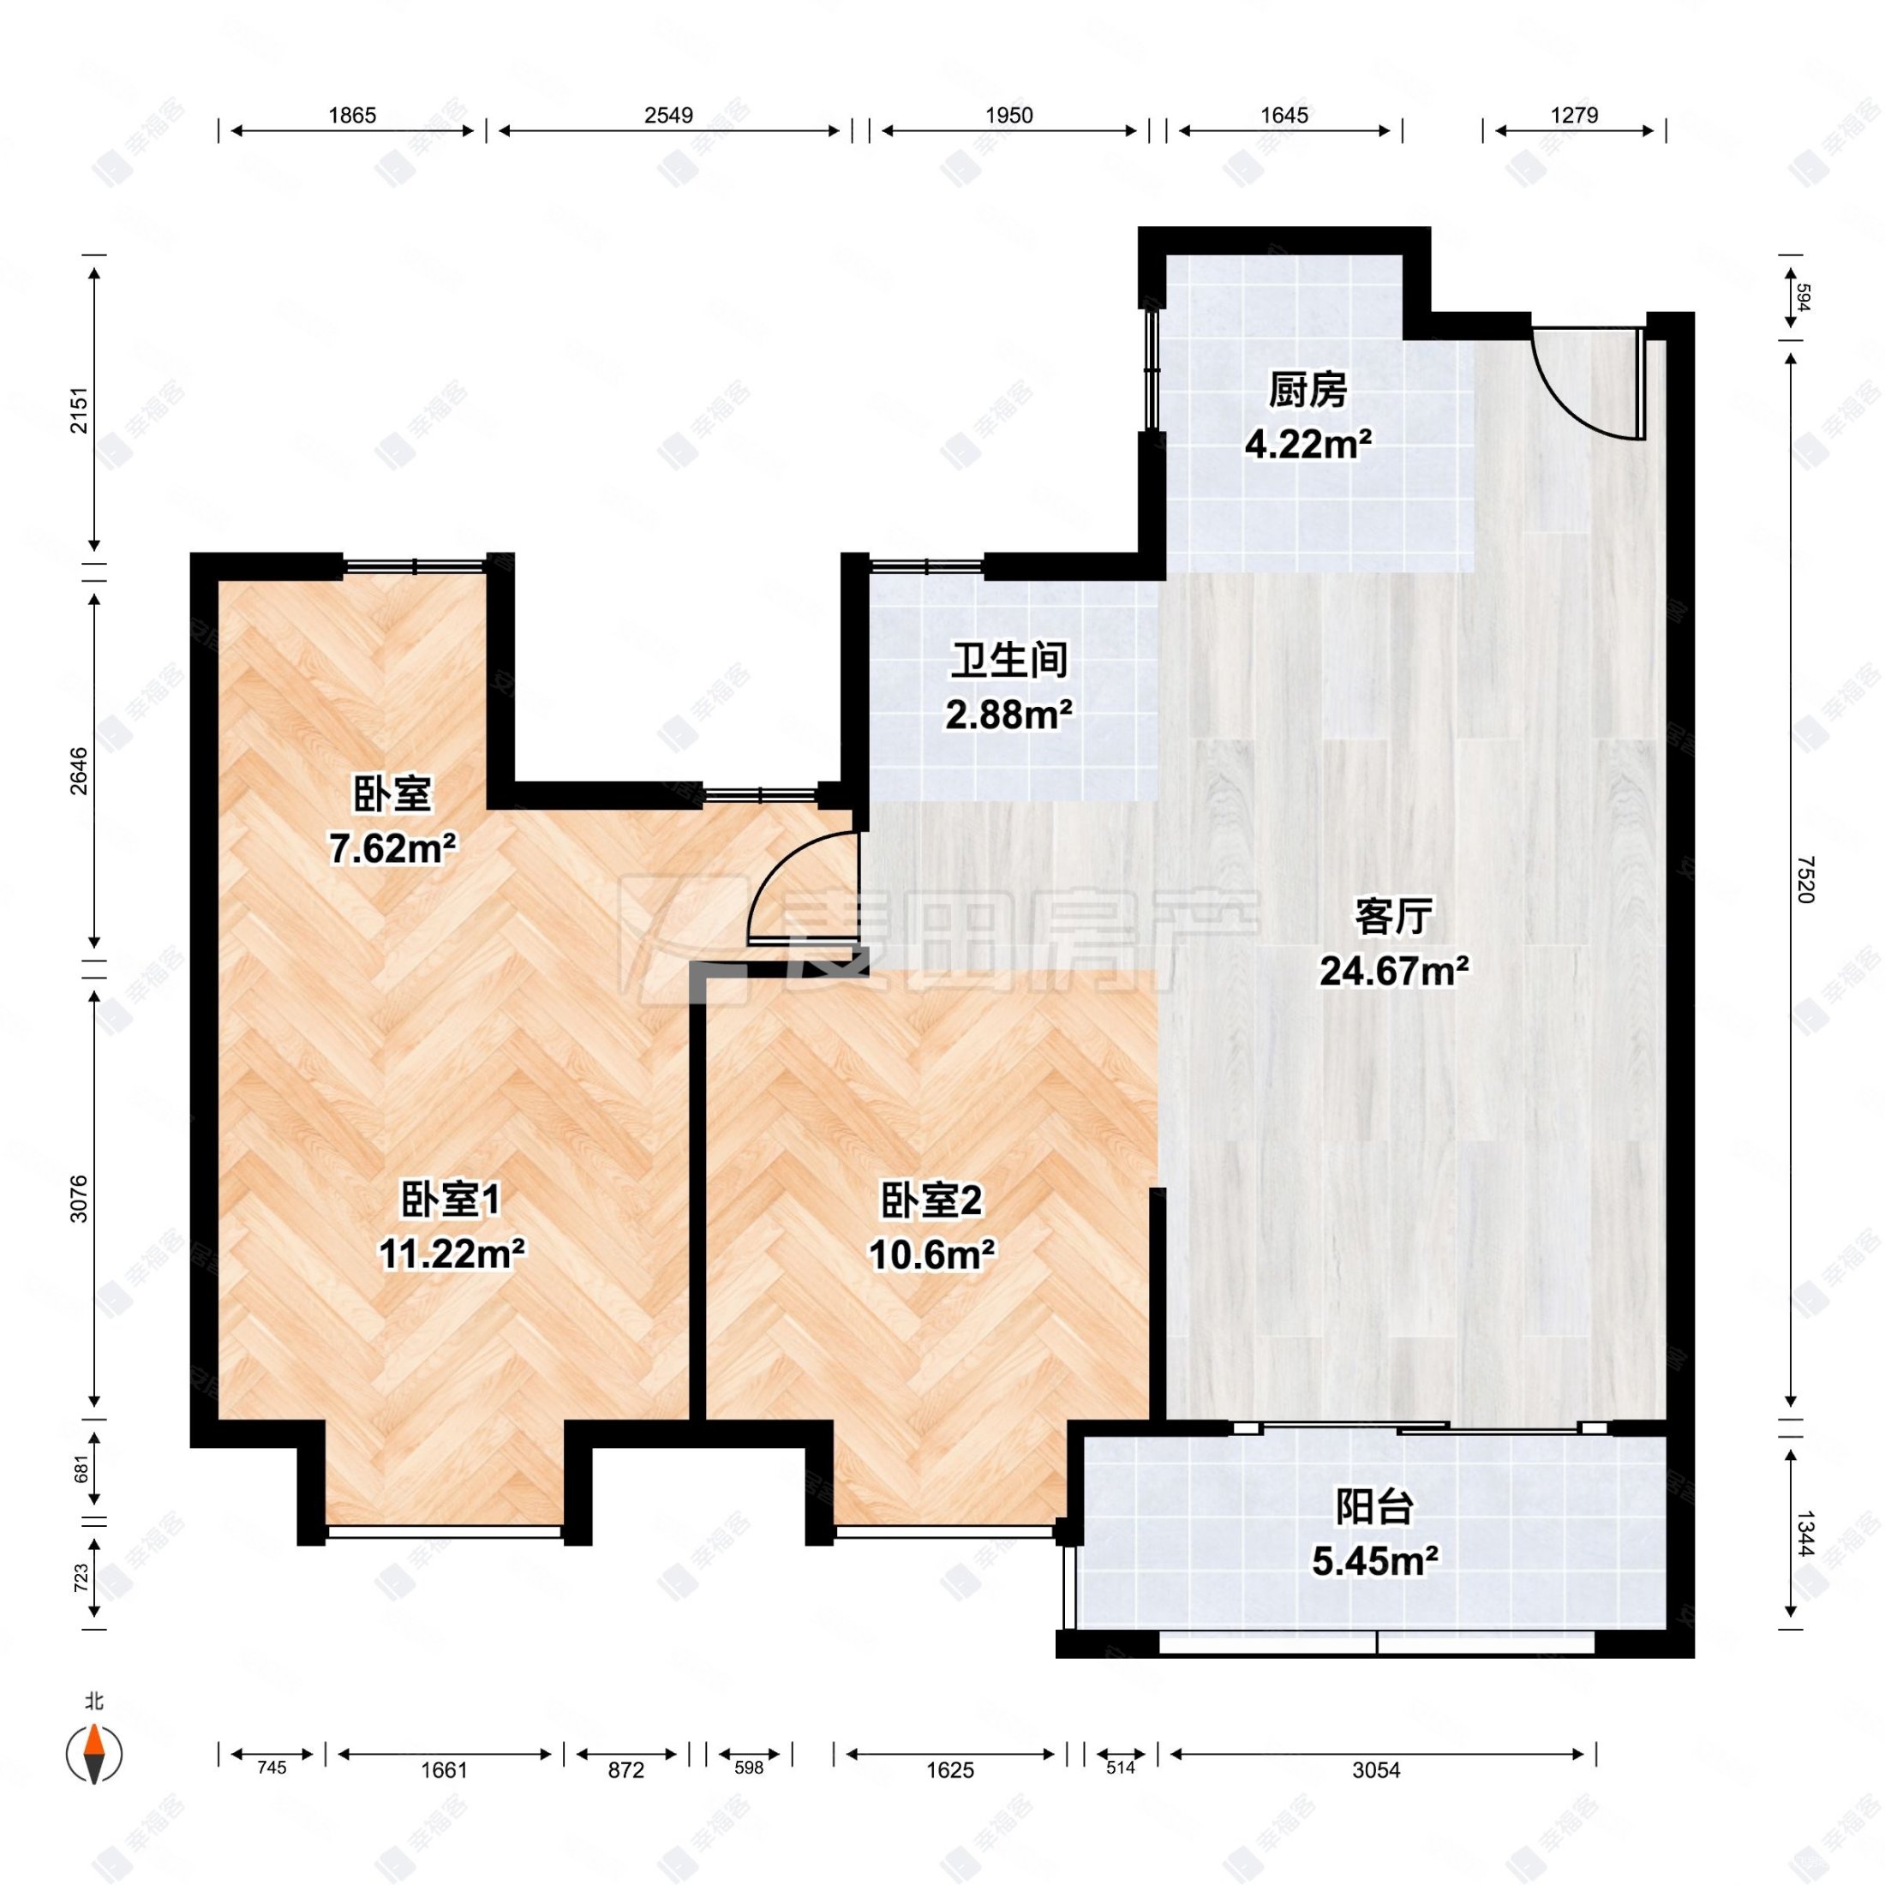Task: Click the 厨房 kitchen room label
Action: pyautogui.click(x=1308, y=392)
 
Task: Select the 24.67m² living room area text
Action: pyautogui.click(x=1394, y=971)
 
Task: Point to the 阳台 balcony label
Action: pyautogui.click(x=1373, y=1508)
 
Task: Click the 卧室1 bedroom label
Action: pyautogui.click(x=451, y=1200)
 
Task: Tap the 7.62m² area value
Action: pyautogui.click(x=392, y=849)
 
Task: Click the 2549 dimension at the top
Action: pyautogui.click(x=668, y=115)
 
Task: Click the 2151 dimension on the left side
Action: pyautogui.click(x=78, y=410)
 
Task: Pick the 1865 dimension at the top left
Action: pyautogui.click(x=351, y=115)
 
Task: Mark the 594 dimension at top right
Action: pyautogui.click(x=1803, y=296)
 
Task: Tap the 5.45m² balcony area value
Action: pyautogui.click(x=1373, y=1562)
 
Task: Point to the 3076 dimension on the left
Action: pyautogui.click(x=78, y=1198)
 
